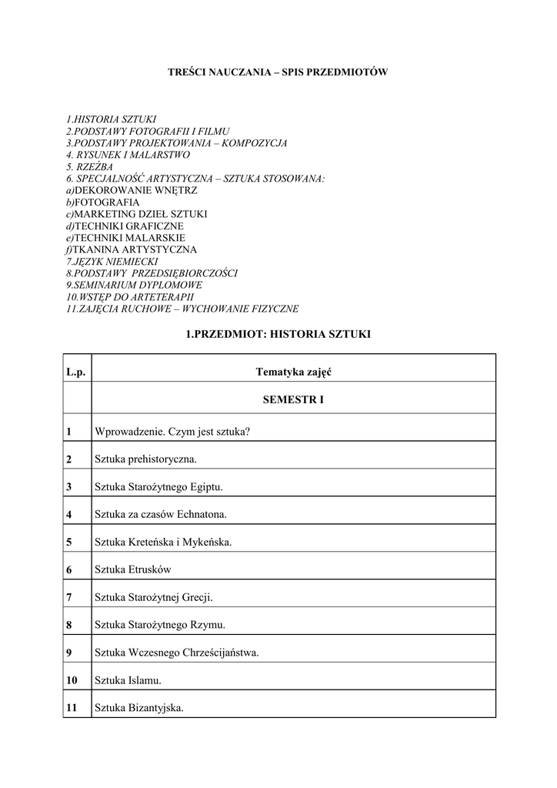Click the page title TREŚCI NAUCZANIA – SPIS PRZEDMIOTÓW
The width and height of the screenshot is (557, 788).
coord(278,72)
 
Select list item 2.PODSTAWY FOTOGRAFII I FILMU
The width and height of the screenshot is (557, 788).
coord(148,132)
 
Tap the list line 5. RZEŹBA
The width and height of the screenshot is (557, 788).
coord(89,167)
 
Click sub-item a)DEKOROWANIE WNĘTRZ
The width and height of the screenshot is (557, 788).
coord(132,191)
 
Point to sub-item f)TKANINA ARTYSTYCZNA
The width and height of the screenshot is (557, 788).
coord(131,249)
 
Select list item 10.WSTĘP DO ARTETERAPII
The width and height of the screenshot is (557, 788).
coord(130,297)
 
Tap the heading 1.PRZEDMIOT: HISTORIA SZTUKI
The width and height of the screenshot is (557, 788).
coord(278,335)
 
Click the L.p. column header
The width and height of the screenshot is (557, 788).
coord(76,372)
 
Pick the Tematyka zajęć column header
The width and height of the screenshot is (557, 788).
coord(293,372)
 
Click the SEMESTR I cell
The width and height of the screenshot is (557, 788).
coord(293,400)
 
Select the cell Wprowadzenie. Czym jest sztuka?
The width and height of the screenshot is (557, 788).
coord(172,432)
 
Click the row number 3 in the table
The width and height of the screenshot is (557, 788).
coord(69,487)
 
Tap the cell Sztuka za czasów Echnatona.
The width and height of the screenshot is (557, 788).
coord(161,514)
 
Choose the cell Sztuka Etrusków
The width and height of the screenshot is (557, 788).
coord(133,570)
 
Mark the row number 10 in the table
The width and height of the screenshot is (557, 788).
coord(72,680)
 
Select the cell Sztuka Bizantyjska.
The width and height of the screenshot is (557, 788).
coord(139,708)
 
